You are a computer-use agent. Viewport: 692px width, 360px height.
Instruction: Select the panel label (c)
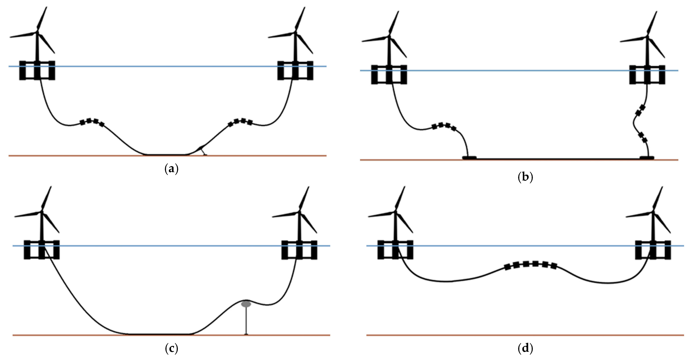[x=171, y=348]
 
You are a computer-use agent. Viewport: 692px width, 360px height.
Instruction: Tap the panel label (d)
[x=525, y=348]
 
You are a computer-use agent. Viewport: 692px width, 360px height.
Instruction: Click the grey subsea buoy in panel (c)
[x=246, y=304]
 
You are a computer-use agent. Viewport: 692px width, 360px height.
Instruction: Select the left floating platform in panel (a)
[x=37, y=70]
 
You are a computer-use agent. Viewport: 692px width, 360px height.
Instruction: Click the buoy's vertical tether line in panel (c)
[x=246, y=321]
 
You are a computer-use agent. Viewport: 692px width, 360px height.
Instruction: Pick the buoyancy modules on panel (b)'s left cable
[x=444, y=126]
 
